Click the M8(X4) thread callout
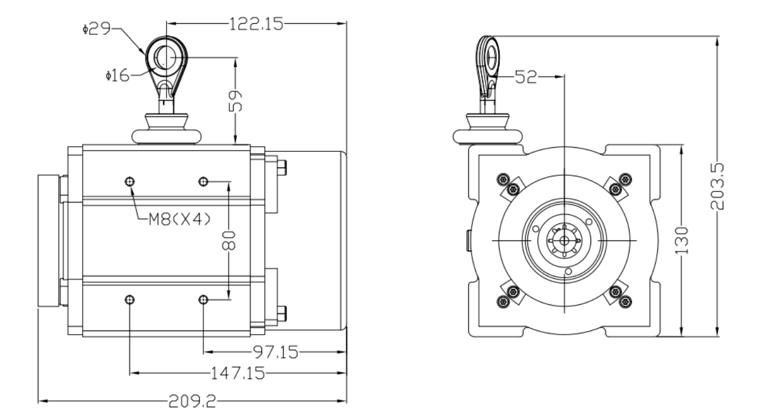pos(178,219)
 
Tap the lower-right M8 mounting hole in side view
pos(203,299)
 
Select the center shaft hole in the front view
pos(564,240)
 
